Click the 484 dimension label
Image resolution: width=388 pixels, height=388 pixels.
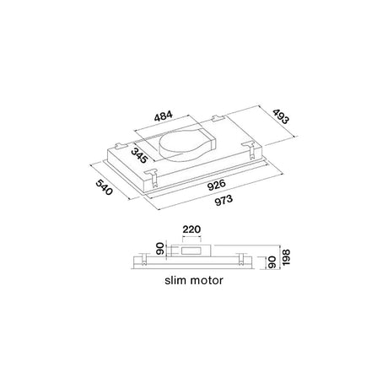(x=164, y=116)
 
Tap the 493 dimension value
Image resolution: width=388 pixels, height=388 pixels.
(x=280, y=116)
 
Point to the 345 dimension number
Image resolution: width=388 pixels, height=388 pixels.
(x=139, y=155)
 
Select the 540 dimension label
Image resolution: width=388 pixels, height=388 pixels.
(x=104, y=187)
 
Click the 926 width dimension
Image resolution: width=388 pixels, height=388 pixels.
(x=216, y=186)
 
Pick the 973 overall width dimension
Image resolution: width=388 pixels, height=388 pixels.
(x=224, y=201)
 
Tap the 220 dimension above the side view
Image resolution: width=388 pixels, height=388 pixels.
(x=191, y=229)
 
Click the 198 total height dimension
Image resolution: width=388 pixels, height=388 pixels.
(x=286, y=257)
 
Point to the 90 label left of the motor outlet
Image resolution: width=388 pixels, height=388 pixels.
(x=160, y=249)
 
